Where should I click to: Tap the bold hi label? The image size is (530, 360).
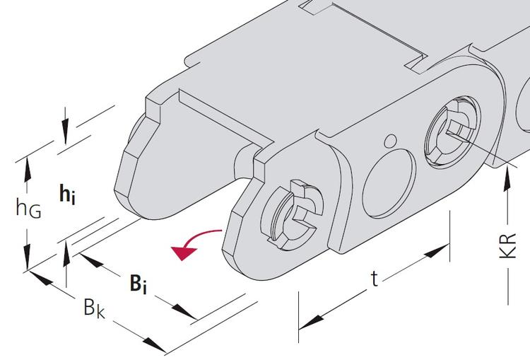[x=67, y=194]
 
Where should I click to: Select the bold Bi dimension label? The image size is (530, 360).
[x=139, y=284]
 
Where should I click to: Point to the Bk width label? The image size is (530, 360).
[x=94, y=308]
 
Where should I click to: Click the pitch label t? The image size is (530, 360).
[x=374, y=279]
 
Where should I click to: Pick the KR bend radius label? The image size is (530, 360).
[x=507, y=246]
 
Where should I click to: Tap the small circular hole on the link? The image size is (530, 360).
[x=391, y=141]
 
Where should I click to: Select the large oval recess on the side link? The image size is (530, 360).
[x=389, y=183]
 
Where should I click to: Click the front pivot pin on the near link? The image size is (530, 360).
[x=293, y=216]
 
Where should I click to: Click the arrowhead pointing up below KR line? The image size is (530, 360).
[x=507, y=180]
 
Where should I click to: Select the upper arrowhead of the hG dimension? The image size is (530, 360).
[x=28, y=170]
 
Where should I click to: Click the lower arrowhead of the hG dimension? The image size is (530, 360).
[x=28, y=257]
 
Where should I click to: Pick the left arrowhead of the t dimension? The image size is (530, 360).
[x=311, y=322]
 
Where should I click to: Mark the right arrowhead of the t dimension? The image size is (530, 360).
[x=437, y=250]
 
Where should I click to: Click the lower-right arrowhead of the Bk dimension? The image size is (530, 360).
[x=155, y=344]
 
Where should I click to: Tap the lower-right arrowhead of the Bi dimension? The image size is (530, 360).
[x=184, y=311]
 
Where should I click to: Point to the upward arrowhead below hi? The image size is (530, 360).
[x=66, y=254]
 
